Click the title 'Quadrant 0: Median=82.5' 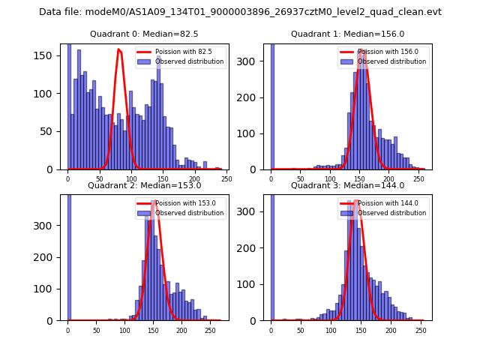144,34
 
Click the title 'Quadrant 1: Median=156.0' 347,34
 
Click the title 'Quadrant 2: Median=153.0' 144,185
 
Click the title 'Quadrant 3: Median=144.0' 347,185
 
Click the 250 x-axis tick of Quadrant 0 226,178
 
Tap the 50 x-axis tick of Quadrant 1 301,178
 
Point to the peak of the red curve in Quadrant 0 118,49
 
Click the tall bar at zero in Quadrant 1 271,105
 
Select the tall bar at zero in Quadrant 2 68,255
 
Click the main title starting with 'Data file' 240,12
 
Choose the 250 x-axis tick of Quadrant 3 420,330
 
